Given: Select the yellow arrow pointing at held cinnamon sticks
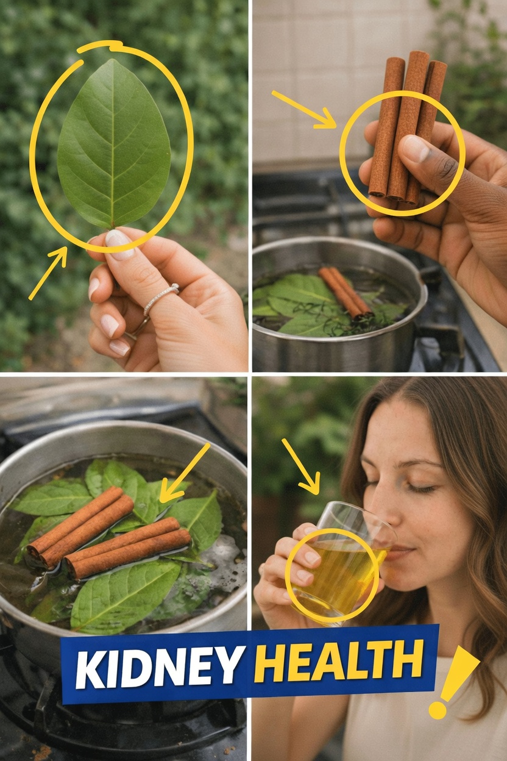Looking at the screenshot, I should coord(304,110).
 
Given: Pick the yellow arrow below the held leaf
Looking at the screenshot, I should coord(49,272).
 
